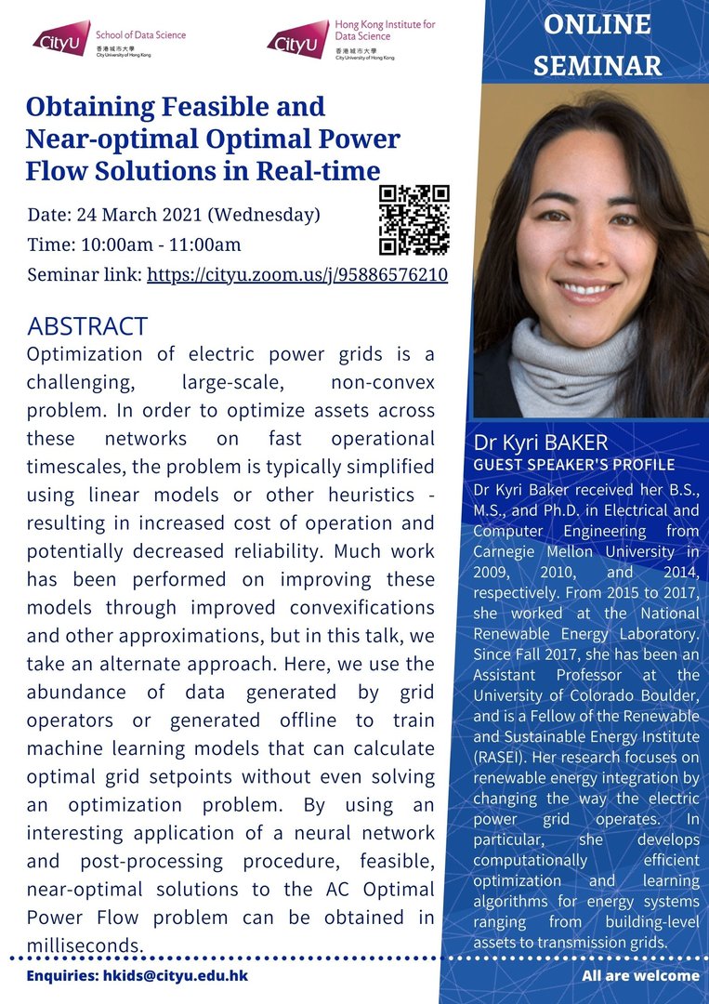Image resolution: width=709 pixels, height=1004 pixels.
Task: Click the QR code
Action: tap(414, 219)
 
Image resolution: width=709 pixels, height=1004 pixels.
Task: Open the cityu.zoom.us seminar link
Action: tap(297, 275)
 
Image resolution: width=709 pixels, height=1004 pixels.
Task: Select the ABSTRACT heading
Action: tap(87, 326)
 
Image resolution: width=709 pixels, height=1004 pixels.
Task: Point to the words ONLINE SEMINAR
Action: tap(597, 46)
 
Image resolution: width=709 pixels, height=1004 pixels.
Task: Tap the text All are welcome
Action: tap(640, 976)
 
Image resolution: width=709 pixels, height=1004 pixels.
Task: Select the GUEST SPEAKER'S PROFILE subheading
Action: tap(574, 464)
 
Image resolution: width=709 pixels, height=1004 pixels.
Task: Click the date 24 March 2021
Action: tap(143, 215)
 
